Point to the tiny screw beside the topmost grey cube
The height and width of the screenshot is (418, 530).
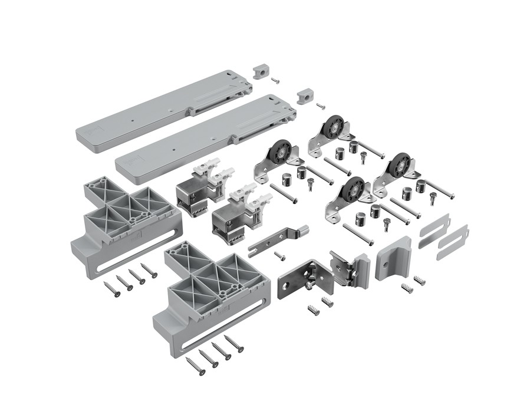(x=275, y=78)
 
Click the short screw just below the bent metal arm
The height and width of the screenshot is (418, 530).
(x=280, y=256)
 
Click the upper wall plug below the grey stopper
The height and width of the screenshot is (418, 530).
(x=420, y=279)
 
